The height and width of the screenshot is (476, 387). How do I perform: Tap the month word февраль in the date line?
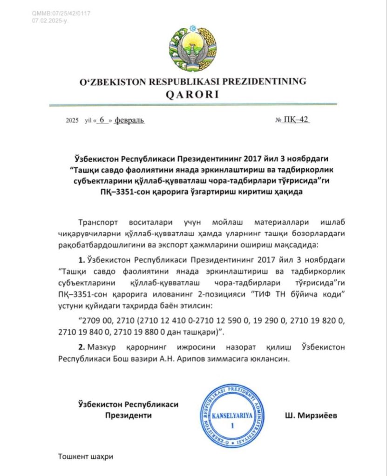click(x=129, y=120)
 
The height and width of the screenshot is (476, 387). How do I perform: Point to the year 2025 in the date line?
click(x=73, y=120)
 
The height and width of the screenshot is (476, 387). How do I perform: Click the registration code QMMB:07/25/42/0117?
click(x=61, y=13)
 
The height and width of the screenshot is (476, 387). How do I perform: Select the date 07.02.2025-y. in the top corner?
click(x=50, y=21)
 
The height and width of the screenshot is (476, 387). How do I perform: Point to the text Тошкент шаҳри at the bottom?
click(x=86, y=456)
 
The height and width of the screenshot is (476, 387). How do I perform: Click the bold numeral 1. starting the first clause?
click(x=82, y=259)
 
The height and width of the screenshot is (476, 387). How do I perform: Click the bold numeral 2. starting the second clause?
click(x=82, y=347)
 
